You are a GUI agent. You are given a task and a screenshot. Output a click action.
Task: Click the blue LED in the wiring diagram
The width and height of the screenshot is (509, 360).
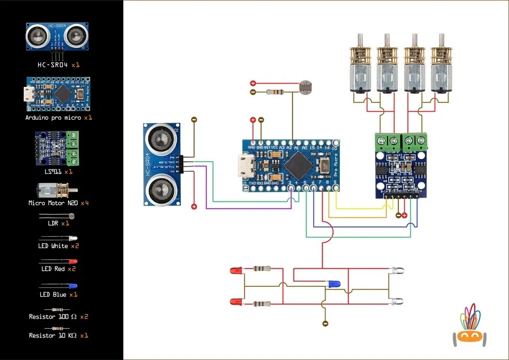point(332,284)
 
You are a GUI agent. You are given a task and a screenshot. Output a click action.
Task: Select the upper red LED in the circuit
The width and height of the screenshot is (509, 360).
point(236,270)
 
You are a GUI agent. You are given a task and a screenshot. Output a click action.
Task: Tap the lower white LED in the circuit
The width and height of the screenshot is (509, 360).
point(396,302)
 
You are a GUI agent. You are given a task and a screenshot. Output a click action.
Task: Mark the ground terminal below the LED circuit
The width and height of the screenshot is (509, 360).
point(325,324)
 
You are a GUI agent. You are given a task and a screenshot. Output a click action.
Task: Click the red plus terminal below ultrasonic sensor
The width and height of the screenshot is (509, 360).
point(194,206)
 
